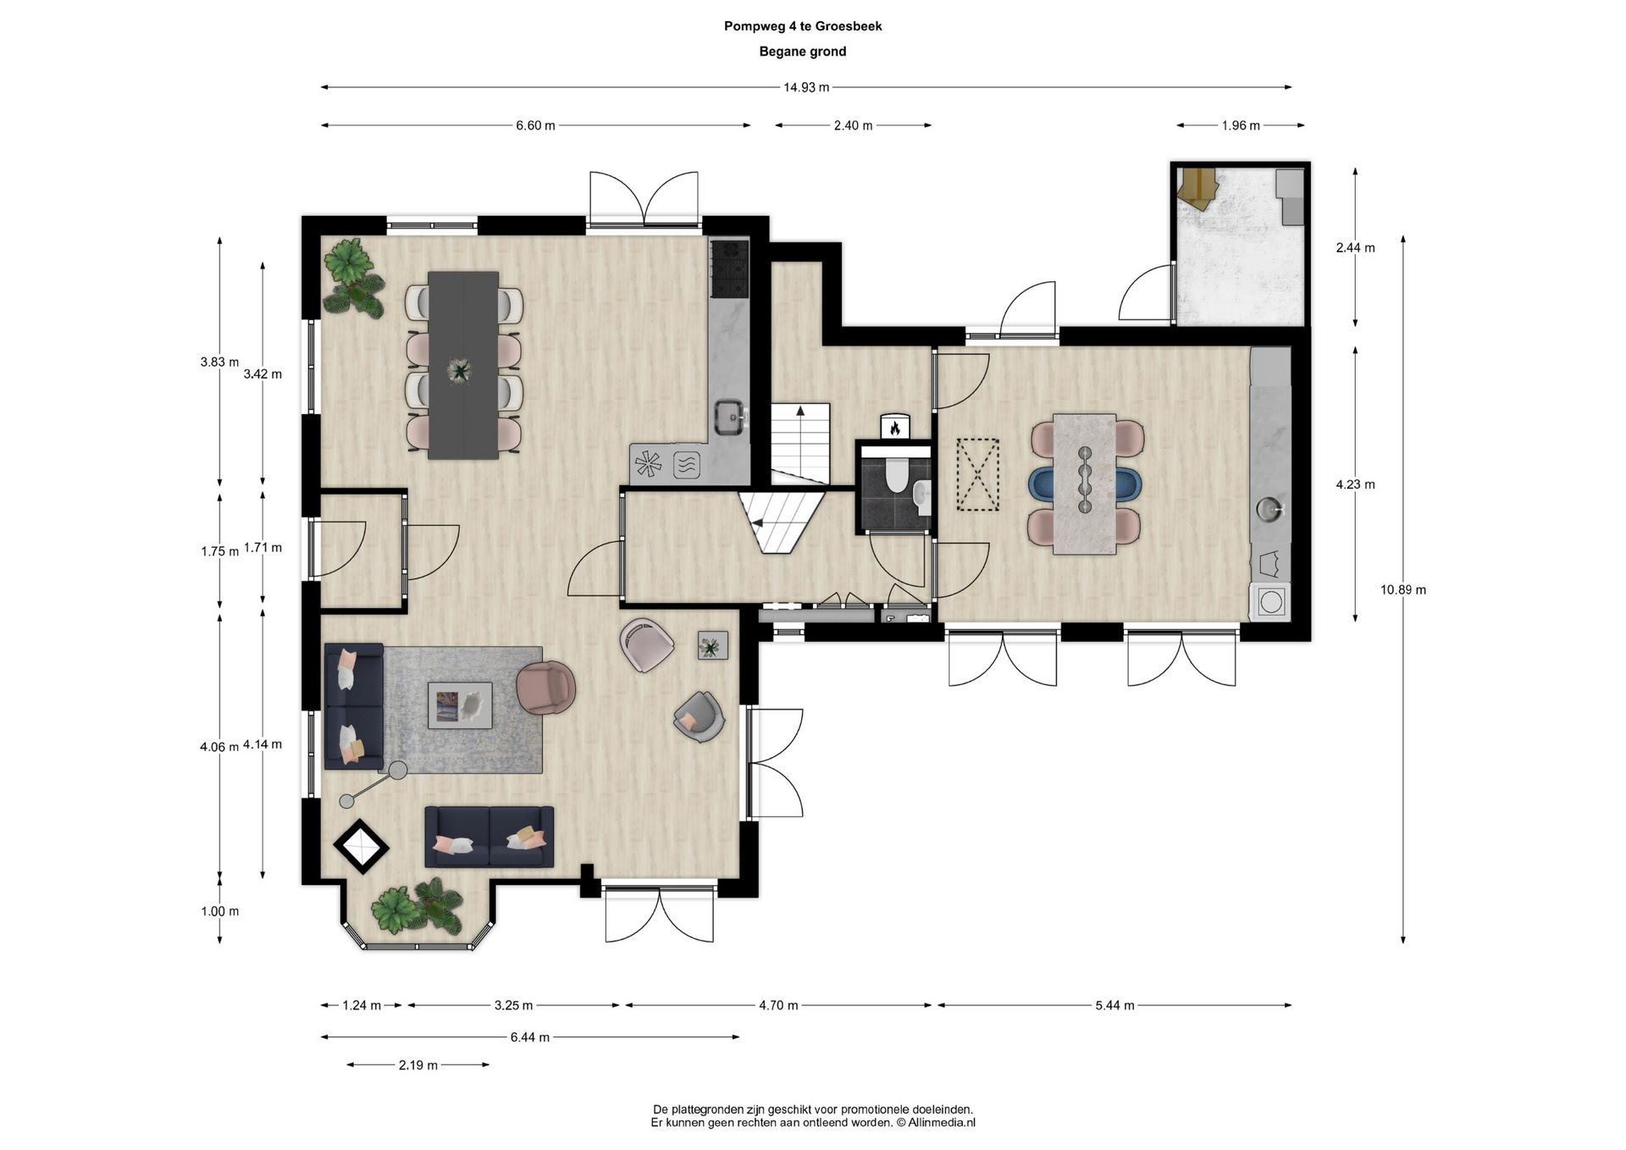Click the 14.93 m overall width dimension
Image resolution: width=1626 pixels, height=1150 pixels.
806,87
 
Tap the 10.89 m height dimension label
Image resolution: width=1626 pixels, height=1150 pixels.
1403,590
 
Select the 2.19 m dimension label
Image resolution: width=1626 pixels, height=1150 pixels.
418,1065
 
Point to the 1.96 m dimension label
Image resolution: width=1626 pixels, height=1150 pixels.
1241,125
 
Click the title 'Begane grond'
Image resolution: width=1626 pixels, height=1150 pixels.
803,52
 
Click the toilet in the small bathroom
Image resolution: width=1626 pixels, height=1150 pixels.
896,474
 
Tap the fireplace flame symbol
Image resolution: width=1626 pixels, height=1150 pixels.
895,428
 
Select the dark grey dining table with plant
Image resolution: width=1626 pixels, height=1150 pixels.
463,365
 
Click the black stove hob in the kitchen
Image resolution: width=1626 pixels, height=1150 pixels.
730,269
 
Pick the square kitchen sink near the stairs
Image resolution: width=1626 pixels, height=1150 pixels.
730,417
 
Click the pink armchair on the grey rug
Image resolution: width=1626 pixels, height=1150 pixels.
546,688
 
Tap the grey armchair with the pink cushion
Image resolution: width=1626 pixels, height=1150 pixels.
699,717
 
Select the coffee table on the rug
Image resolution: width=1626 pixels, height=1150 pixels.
460,705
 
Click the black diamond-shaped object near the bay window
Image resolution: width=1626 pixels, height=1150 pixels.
362,846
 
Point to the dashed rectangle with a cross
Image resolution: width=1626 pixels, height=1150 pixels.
978,475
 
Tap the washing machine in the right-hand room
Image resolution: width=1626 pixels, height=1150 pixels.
1270,602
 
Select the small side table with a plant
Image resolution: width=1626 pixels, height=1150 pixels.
712,646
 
